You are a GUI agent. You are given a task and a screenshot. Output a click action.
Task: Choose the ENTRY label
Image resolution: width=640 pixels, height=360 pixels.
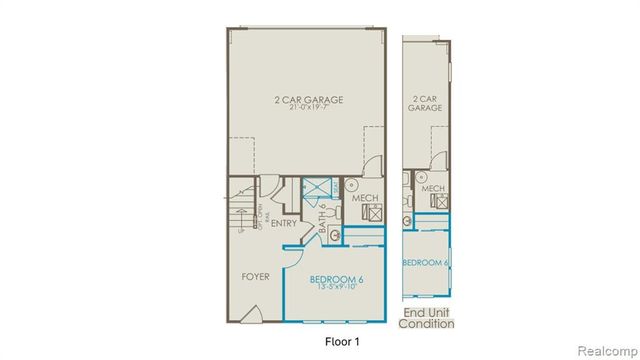click(x=283, y=223)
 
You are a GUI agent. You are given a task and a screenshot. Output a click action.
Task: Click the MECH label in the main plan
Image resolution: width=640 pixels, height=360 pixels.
click(x=364, y=199)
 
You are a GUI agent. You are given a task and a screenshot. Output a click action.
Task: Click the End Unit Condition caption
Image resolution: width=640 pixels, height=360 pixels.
click(x=427, y=317)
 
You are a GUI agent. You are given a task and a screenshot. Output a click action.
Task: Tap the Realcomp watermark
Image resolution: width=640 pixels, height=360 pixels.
click(x=604, y=350)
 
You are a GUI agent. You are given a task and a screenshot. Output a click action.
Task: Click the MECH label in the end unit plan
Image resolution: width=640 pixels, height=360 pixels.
click(x=433, y=188)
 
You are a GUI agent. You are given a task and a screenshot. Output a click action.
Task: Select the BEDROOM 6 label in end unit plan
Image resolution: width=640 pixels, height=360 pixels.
click(x=425, y=262)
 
